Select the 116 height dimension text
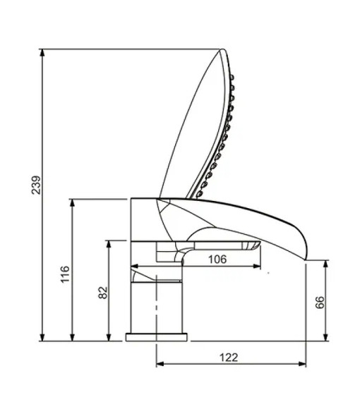tap(65, 274)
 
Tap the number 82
tap(102, 293)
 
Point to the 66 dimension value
tap(319, 303)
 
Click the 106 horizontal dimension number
tap(217, 259)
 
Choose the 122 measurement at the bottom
tap(228, 358)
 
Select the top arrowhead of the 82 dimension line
tap(109, 243)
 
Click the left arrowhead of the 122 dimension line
tap(158, 364)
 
